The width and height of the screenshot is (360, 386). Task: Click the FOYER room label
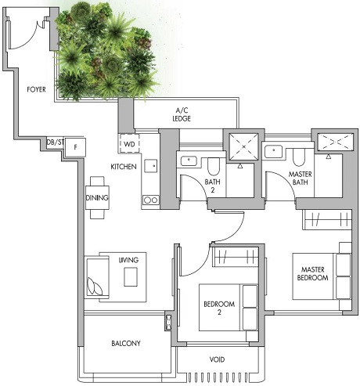(36, 90)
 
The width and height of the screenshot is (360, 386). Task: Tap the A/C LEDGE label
(183, 114)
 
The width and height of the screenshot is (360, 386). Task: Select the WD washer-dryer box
(128, 145)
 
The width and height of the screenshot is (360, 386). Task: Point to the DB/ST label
(54, 142)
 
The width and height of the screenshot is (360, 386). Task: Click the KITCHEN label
(124, 168)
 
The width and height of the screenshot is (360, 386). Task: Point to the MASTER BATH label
(301, 179)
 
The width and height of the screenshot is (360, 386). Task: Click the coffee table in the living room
(130, 276)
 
